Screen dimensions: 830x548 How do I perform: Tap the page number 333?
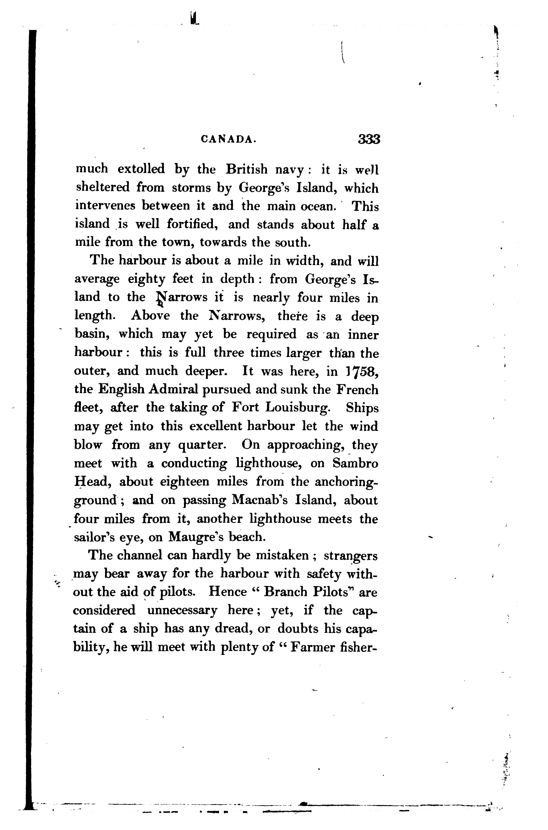(369, 139)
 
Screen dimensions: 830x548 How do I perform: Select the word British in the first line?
(247, 170)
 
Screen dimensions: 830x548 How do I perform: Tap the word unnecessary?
(182, 610)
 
